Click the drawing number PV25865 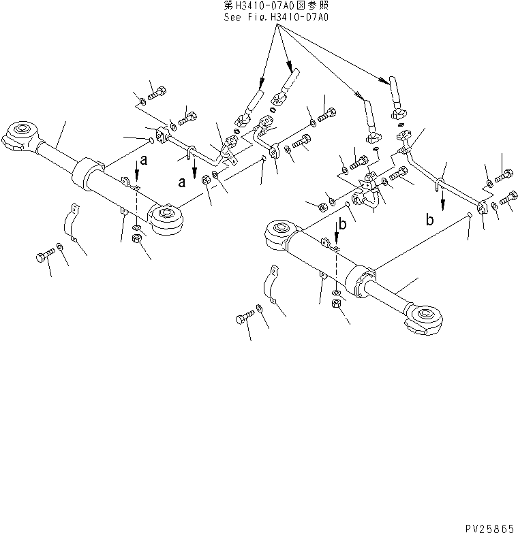pyautogui.click(x=489, y=528)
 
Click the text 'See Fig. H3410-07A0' pyautogui.click(x=276, y=16)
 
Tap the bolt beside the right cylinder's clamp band pyautogui.click(x=246, y=317)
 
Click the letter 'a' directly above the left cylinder pyautogui.click(x=143, y=161)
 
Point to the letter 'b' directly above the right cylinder pyautogui.click(x=344, y=224)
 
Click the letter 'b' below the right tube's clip pyautogui.click(x=429, y=219)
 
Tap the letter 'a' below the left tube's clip pyautogui.click(x=182, y=182)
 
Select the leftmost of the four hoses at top pyautogui.click(x=252, y=103)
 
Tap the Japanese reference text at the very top pyautogui.click(x=276, y=5)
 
